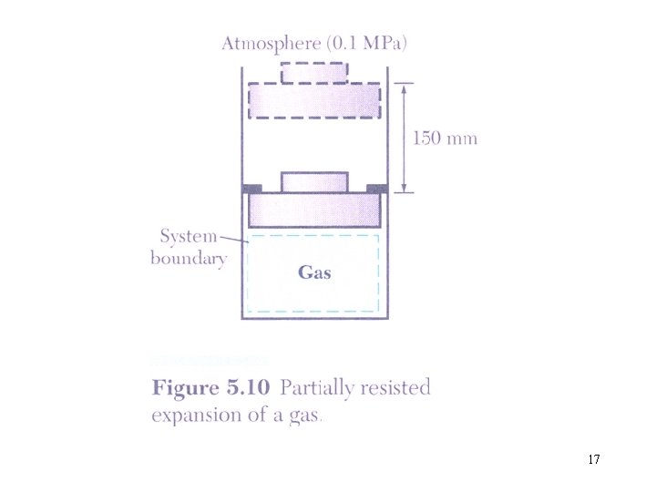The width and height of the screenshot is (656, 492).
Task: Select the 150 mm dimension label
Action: [446, 138]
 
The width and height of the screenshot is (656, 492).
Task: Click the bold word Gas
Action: [314, 272]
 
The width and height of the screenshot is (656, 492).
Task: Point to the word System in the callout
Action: [189, 237]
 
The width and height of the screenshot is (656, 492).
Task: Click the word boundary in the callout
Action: [189, 258]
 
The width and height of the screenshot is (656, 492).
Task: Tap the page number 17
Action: [593, 459]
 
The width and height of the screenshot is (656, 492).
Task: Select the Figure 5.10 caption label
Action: [210, 388]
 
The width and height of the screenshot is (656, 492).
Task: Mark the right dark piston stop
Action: [376, 188]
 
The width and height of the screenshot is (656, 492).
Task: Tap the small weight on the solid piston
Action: [314, 181]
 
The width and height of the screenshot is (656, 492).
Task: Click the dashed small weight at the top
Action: [314, 71]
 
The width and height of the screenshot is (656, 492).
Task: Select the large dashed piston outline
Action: [314, 99]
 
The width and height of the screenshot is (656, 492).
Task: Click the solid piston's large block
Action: [314, 210]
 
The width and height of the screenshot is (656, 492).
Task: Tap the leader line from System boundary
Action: [235, 239]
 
